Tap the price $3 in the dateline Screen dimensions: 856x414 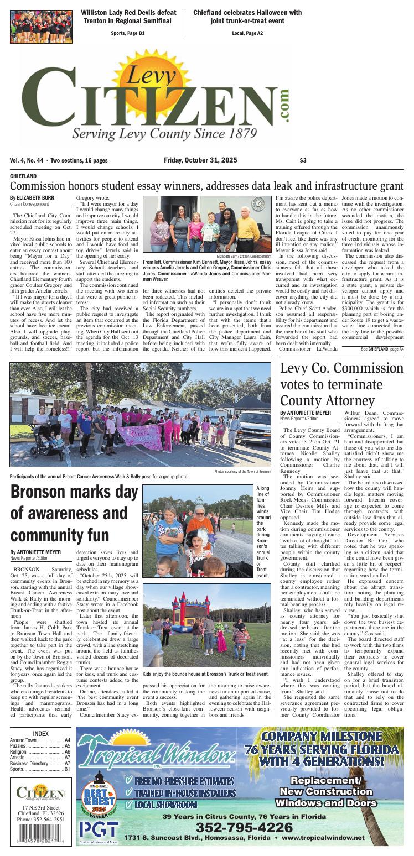[x=303, y=160]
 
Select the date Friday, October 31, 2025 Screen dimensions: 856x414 [x=200, y=160]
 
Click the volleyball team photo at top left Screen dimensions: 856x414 [x=41, y=27]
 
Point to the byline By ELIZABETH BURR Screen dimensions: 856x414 [x=32, y=197]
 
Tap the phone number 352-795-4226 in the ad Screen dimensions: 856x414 [x=244, y=827]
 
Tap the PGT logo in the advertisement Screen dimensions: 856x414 [x=99, y=829]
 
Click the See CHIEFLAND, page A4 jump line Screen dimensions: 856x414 [x=382, y=349]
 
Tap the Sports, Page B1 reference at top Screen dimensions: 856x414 [x=127, y=33]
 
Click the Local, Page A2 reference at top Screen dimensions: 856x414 [x=247, y=33]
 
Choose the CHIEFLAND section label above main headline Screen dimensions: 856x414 [x=23, y=175]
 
